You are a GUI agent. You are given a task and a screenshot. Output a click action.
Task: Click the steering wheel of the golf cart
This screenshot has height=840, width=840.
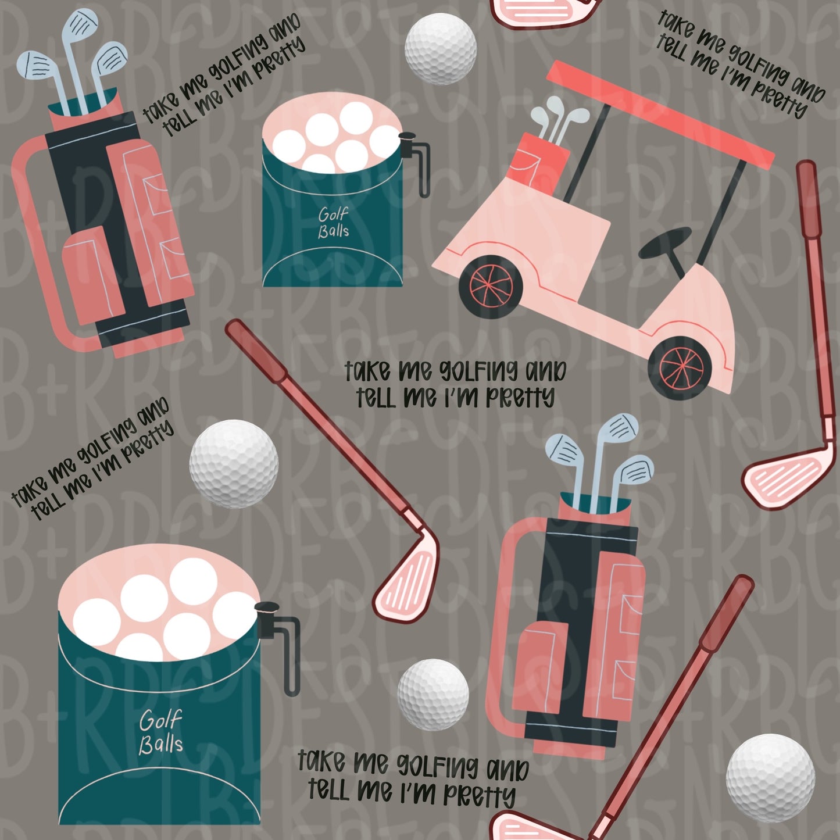(665, 244)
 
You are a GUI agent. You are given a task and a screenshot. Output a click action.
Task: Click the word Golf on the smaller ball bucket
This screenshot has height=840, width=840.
(333, 215)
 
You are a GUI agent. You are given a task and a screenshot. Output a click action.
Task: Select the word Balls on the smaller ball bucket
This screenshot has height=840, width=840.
(334, 231)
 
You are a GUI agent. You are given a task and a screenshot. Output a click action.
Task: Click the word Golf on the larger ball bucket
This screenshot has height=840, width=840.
(160, 720)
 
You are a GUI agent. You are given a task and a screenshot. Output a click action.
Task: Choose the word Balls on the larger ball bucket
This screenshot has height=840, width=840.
(161, 744)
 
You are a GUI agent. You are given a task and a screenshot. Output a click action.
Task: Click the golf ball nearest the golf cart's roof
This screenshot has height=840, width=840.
(440, 49)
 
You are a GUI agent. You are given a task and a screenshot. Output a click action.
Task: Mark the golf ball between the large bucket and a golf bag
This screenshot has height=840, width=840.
(433, 694)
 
